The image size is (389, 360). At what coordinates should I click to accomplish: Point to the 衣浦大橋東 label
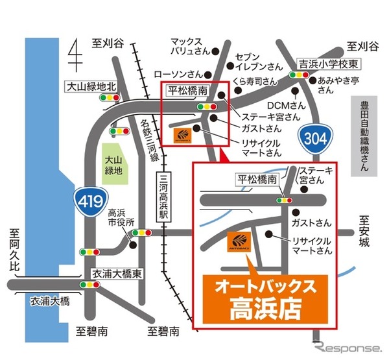click(116, 273)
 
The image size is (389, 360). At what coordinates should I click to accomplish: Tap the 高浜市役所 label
click(121, 218)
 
